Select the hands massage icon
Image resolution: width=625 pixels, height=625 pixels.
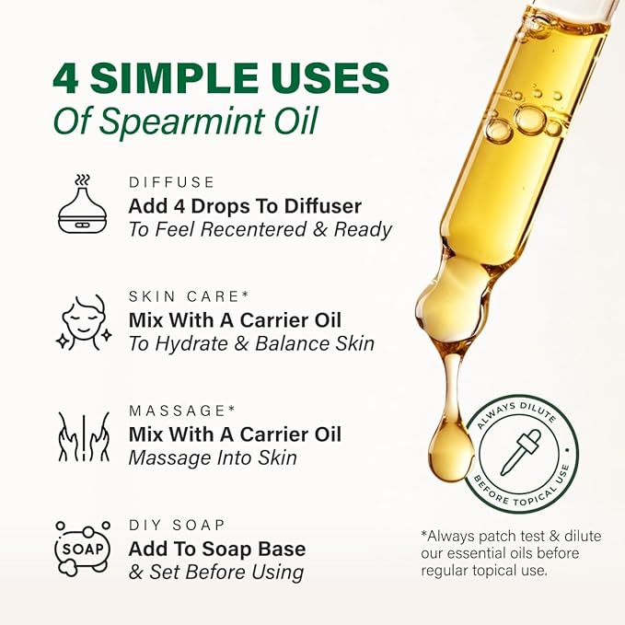click(83, 435)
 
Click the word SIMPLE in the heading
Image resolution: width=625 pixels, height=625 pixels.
click(177, 78)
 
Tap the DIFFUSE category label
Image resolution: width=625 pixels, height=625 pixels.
click(171, 182)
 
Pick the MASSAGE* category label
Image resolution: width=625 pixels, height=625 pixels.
click(177, 410)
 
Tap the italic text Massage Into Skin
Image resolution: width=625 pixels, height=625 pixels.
click(213, 457)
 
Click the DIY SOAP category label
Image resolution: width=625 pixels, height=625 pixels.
click(177, 525)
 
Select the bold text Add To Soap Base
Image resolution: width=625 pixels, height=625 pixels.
click(217, 550)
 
